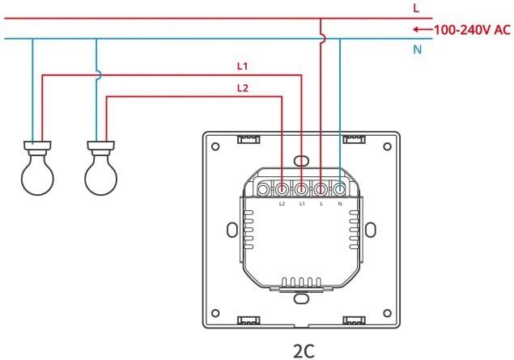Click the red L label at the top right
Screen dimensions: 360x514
tap(415, 8)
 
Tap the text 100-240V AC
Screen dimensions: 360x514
tap(472, 30)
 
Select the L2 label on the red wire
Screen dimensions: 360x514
tap(243, 87)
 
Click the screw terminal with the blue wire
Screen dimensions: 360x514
tap(341, 189)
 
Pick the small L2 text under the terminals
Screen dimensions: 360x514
tap(282, 204)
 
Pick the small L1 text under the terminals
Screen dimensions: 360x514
tap(302, 204)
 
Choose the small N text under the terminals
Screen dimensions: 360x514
tap(341, 204)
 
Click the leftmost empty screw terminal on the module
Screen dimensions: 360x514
tap(262, 189)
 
